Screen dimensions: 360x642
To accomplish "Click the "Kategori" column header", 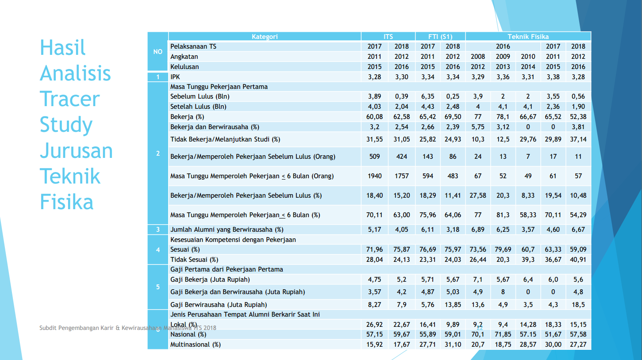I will [x=265, y=37].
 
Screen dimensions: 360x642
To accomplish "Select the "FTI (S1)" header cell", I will [x=440, y=37].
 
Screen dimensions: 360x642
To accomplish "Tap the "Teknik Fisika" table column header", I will [x=528, y=37].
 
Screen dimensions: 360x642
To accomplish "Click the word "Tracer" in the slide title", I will [x=69, y=99].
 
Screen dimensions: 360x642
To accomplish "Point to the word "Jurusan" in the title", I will [x=76, y=150].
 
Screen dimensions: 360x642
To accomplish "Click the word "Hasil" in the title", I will [x=62, y=47].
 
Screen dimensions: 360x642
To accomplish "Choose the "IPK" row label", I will [x=175, y=77].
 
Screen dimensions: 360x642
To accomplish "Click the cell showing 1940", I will [x=375, y=176].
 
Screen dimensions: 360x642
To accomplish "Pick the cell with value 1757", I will [x=402, y=176].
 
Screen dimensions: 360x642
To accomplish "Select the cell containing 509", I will [x=375, y=157].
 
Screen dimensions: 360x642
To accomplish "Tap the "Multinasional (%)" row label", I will [x=196, y=345].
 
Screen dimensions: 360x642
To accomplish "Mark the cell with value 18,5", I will [x=578, y=305].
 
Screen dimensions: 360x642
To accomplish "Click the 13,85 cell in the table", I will [x=453, y=305].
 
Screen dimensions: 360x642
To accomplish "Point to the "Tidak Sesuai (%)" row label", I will [x=194, y=260].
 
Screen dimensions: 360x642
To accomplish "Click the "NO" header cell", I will [x=158, y=52].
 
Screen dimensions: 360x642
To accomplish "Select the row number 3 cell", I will [x=158, y=230].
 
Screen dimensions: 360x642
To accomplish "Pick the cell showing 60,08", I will [x=375, y=117].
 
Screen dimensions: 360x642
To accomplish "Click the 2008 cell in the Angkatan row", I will [x=478, y=57].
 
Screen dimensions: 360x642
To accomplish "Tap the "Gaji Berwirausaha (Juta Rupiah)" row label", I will [x=219, y=305].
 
